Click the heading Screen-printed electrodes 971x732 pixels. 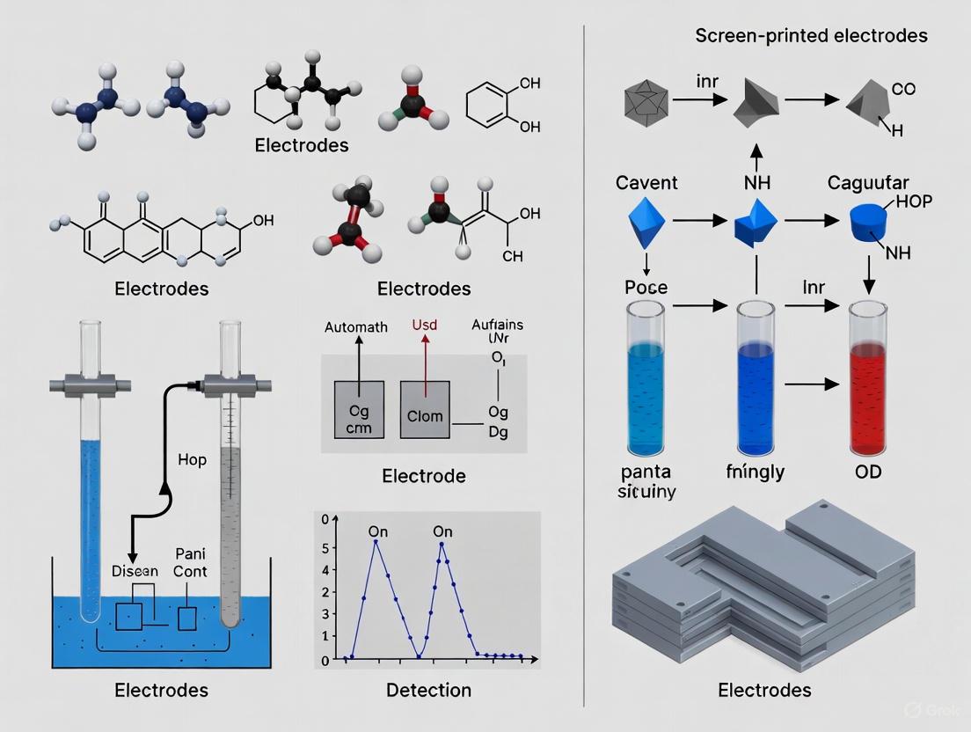point(811,36)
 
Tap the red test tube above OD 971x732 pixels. point(865,378)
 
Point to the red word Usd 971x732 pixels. point(425,326)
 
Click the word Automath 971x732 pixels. point(355,327)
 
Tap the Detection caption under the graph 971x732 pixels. point(428,690)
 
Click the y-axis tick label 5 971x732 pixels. point(325,547)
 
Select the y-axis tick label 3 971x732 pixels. point(325,592)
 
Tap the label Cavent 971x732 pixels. point(646,183)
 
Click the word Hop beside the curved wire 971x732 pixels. point(192,460)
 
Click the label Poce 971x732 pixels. point(646,288)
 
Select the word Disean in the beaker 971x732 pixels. point(135,571)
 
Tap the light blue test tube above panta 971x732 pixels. point(646,378)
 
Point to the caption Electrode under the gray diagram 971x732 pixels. point(424,476)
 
